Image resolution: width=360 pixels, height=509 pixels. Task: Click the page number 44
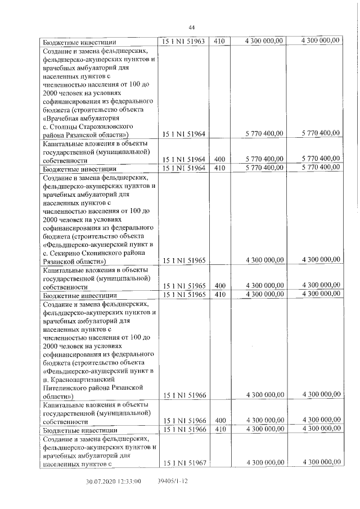click(x=191, y=28)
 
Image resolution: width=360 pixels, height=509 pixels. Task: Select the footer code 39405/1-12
click(x=172, y=482)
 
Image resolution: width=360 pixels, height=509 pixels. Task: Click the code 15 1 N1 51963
click(x=184, y=41)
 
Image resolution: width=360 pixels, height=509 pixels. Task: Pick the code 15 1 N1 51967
click(x=184, y=462)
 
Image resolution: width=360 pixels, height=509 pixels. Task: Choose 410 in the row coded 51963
click(x=220, y=41)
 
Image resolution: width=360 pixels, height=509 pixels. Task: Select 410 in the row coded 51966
click(x=220, y=430)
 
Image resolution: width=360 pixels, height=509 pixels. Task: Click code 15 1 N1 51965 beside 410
click(x=184, y=294)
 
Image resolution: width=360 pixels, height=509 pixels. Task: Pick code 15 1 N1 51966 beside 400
click(x=184, y=421)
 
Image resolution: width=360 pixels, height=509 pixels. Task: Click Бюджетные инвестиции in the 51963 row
click(x=79, y=42)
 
